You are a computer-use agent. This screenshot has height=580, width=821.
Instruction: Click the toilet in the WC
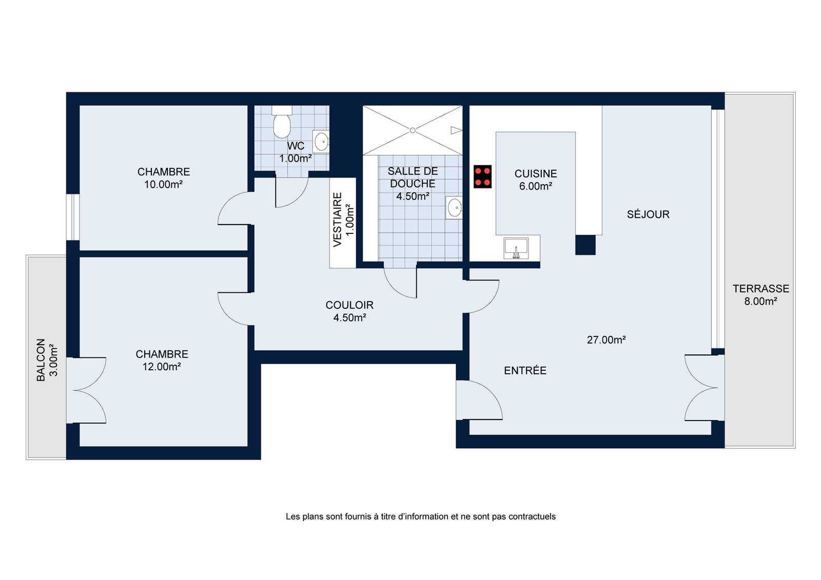(282, 122)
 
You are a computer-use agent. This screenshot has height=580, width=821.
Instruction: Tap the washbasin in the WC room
(321, 141)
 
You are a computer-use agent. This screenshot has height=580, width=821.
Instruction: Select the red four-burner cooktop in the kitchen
(482, 176)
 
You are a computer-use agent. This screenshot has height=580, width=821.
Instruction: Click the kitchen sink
(516, 248)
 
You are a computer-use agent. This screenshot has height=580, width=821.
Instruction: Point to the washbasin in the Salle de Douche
(454, 208)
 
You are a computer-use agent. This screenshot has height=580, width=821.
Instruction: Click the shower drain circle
(413, 130)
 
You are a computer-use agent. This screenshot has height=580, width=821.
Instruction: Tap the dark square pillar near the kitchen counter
(585, 245)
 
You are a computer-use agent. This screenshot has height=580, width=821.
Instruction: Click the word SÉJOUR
(648, 214)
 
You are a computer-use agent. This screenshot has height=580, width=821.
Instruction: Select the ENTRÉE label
(525, 371)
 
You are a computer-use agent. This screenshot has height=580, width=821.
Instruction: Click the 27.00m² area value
(606, 340)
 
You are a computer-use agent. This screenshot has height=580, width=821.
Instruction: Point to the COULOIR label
(349, 305)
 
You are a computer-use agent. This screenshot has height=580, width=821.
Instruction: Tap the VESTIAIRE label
(337, 219)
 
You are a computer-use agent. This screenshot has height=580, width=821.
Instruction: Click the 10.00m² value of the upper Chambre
(164, 184)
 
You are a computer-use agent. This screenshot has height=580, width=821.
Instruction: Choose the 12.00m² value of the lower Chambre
(162, 366)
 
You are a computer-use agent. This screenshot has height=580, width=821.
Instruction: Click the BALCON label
(41, 360)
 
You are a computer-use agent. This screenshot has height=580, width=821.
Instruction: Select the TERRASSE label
(761, 289)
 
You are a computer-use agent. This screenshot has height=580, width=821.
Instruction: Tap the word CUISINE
(536, 174)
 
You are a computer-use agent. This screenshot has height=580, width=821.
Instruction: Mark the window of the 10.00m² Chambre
(73, 217)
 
